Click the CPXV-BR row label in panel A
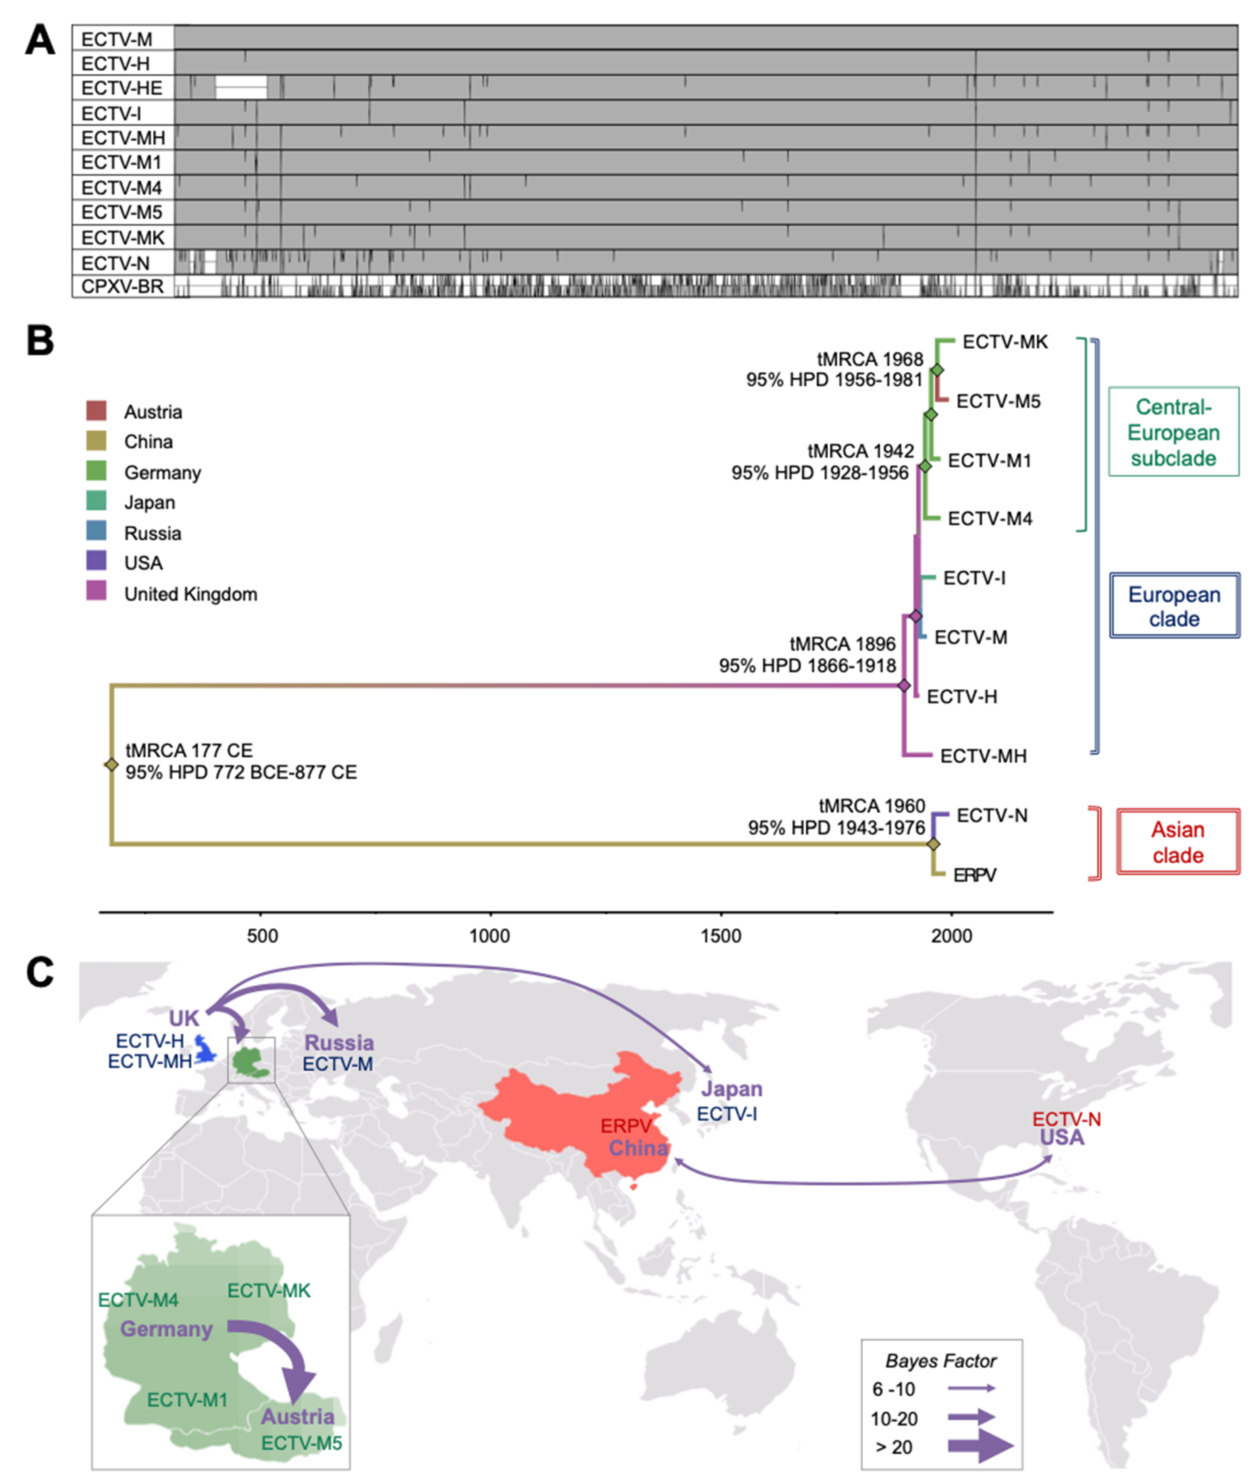click(x=122, y=287)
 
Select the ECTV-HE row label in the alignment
click(x=122, y=88)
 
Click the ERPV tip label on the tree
click(x=974, y=875)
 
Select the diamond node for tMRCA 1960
click(x=933, y=844)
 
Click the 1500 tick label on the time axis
click(x=721, y=936)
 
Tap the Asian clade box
click(x=1178, y=842)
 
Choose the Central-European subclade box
click(x=1173, y=432)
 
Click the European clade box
click(x=1174, y=605)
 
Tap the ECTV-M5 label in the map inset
click(x=301, y=1443)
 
